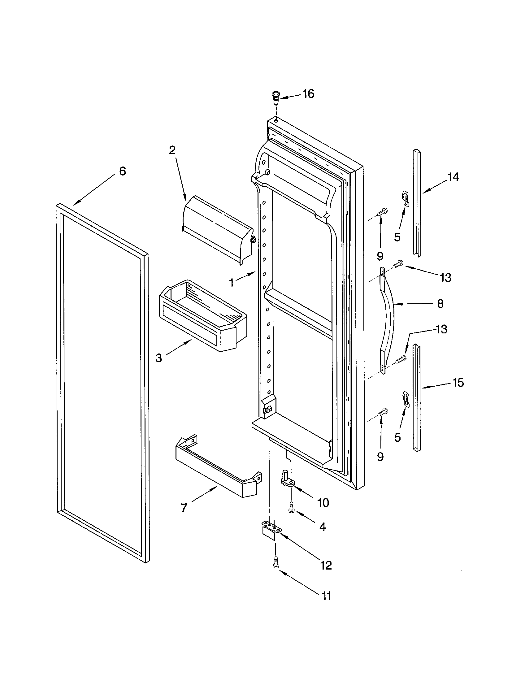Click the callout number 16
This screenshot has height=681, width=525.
click(308, 93)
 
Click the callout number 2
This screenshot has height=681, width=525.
click(172, 150)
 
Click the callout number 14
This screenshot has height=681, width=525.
click(453, 177)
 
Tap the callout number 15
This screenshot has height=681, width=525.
click(458, 382)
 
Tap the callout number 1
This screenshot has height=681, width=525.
click(231, 283)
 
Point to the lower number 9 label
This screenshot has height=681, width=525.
click(380, 457)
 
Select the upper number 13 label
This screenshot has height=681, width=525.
click(446, 277)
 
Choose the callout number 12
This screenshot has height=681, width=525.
click(326, 565)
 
